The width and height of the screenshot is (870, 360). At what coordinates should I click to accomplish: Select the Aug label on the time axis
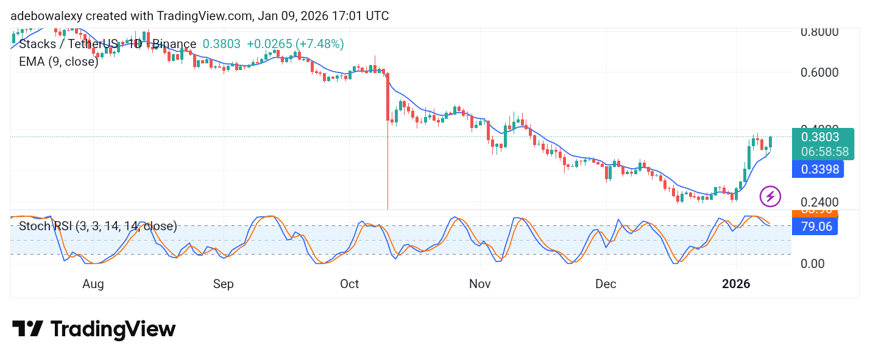[x=93, y=284]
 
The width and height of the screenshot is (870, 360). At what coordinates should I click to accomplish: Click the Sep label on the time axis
[x=224, y=284]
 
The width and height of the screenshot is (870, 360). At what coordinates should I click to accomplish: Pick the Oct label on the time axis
[x=350, y=284]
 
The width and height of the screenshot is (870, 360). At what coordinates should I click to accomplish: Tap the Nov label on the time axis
[x=480, y=284]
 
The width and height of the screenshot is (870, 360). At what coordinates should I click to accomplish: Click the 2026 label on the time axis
[x=736, y=284]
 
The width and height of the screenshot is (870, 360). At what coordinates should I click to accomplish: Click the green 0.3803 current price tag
[x=820, y=137]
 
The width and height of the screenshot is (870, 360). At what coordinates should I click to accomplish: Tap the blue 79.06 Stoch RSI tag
[x=815, y=227]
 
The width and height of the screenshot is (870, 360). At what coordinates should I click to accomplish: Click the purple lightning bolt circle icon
[x=770, y=196]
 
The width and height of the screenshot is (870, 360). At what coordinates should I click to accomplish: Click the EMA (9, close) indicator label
[x=58, y=62]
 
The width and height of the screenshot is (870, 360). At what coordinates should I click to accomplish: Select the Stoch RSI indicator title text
[x=97, y=227]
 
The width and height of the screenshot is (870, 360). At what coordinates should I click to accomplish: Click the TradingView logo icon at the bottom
[x=27, y=329]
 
